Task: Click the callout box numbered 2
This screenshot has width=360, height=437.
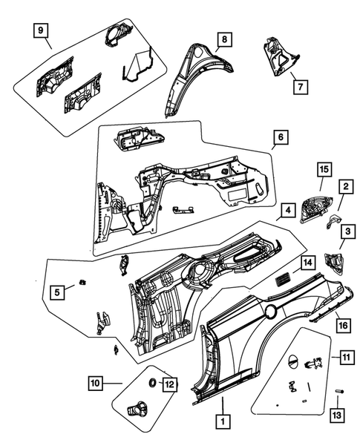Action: click(346, 187)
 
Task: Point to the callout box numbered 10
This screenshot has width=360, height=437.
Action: click(94, 383)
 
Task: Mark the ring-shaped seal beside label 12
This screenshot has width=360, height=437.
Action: click(152, 382)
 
